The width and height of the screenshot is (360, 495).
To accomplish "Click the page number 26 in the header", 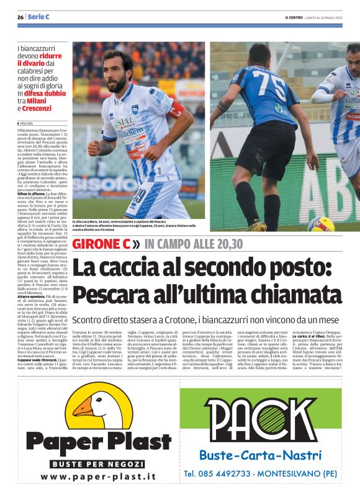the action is (20, 17).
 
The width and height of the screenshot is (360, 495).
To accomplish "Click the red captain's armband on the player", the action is (176, 110).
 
